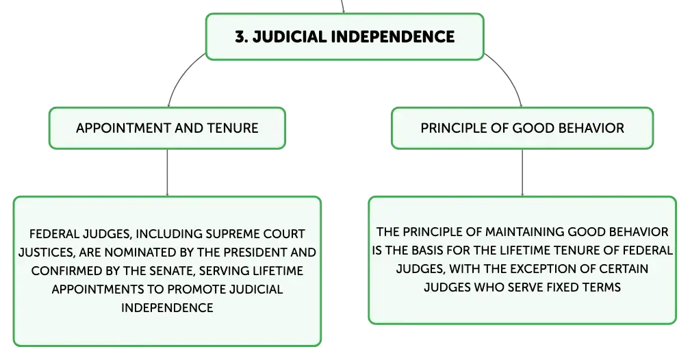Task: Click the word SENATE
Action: (172, 270)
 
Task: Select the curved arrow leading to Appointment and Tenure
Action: (181, 75)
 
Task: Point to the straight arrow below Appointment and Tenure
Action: (167, 172)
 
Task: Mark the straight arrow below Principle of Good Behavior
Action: (522, 172)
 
